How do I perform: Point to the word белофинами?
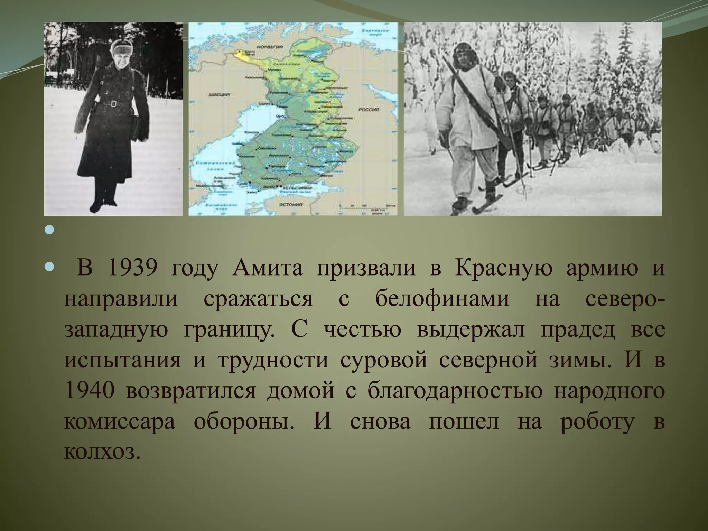pos(442,299)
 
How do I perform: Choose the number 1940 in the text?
pos(89,391)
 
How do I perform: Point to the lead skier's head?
pos(462,56)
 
